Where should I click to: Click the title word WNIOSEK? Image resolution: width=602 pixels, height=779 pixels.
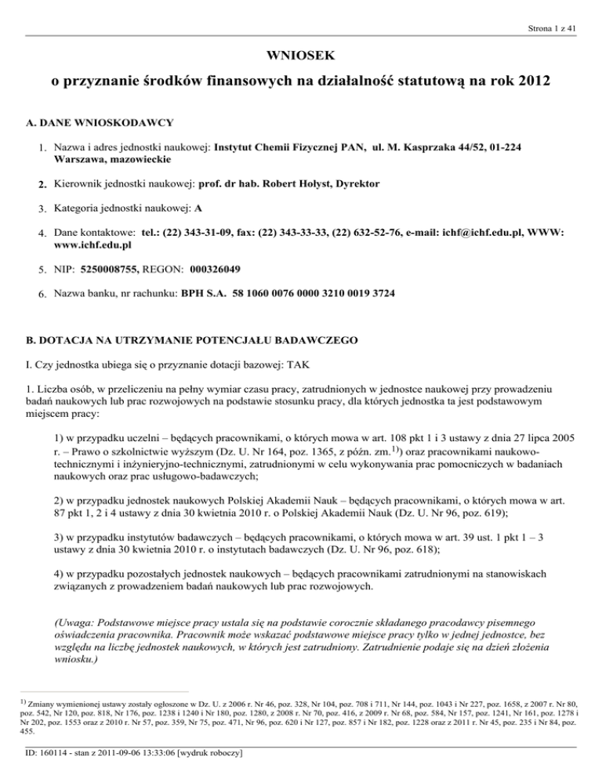pyautogui.click(x=300, y=56)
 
